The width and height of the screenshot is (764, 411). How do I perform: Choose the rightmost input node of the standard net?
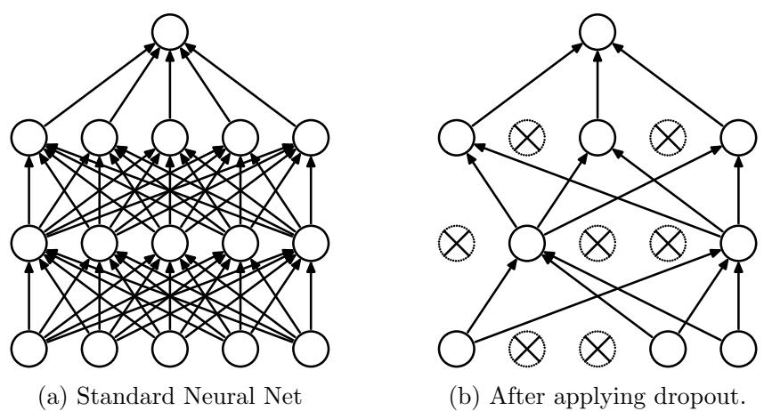(311, 347)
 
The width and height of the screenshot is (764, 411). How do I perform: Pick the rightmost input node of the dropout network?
(738, 347)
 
